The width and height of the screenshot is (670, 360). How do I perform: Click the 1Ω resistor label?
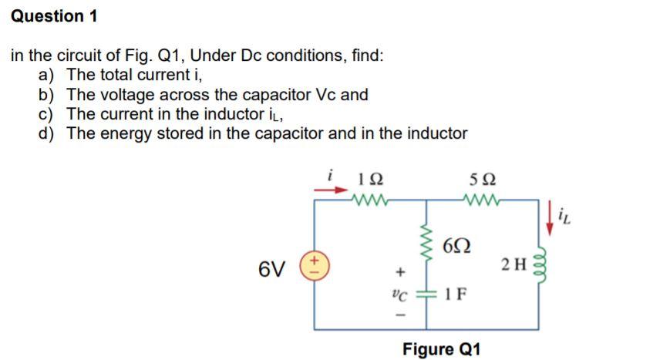[369, 183]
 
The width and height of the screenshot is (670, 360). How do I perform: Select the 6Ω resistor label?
[456, 246]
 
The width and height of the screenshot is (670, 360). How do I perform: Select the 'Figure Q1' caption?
[441, 348]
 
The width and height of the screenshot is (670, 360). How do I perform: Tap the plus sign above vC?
[399, 271]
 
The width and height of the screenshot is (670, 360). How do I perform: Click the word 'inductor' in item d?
[438, 133]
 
